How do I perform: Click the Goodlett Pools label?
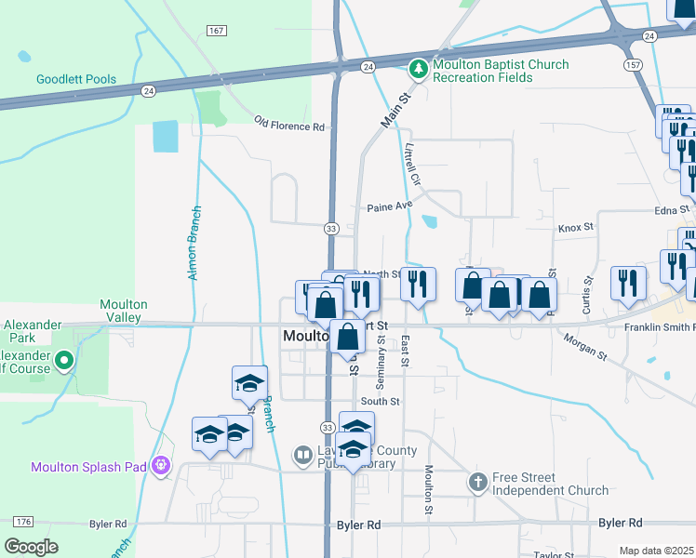coord(76,80)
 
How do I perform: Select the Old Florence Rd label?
coord(289,123)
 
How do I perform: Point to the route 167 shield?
coord(216,32)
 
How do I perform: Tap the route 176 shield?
coord(24,521)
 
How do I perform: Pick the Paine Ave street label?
coord(389,206)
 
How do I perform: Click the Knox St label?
coord(575,227)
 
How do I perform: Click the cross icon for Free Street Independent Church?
coord(477,482)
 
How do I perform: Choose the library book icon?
coord(302,456)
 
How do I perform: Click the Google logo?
coord(32,547)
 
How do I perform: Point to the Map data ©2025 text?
coord(657,551)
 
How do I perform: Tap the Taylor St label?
coord(554,554)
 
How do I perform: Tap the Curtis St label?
coord(587,295)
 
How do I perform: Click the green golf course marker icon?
coord(63,359)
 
